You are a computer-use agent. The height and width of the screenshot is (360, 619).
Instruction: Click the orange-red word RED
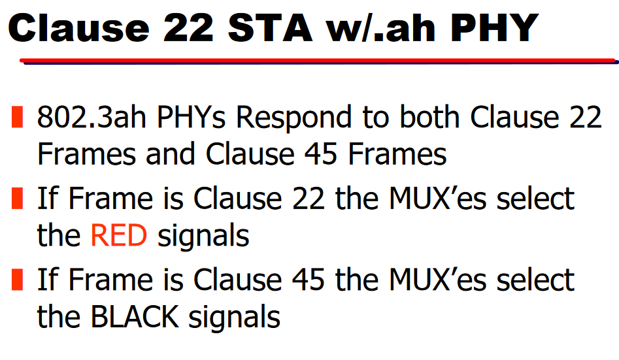pos(118,236)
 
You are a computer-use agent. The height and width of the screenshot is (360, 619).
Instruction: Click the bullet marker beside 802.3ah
pos(17,118)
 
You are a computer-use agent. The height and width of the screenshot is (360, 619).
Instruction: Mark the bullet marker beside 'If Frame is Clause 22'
pos(17,198)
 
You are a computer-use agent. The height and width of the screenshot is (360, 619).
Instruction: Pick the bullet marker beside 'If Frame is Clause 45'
pos(17,280)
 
